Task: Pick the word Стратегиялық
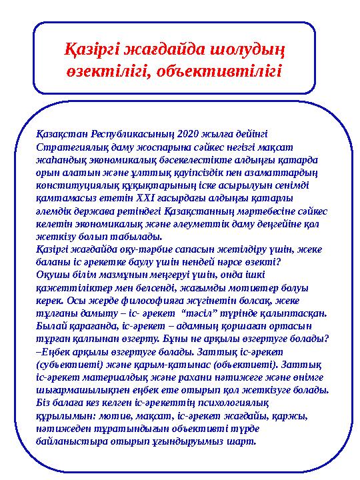[69, 145]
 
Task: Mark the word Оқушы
[53, 272]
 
